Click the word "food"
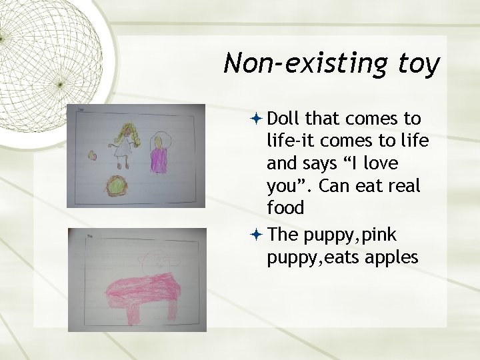(285, 208)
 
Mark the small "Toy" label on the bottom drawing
(89, 235)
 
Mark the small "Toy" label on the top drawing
(81, 109)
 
